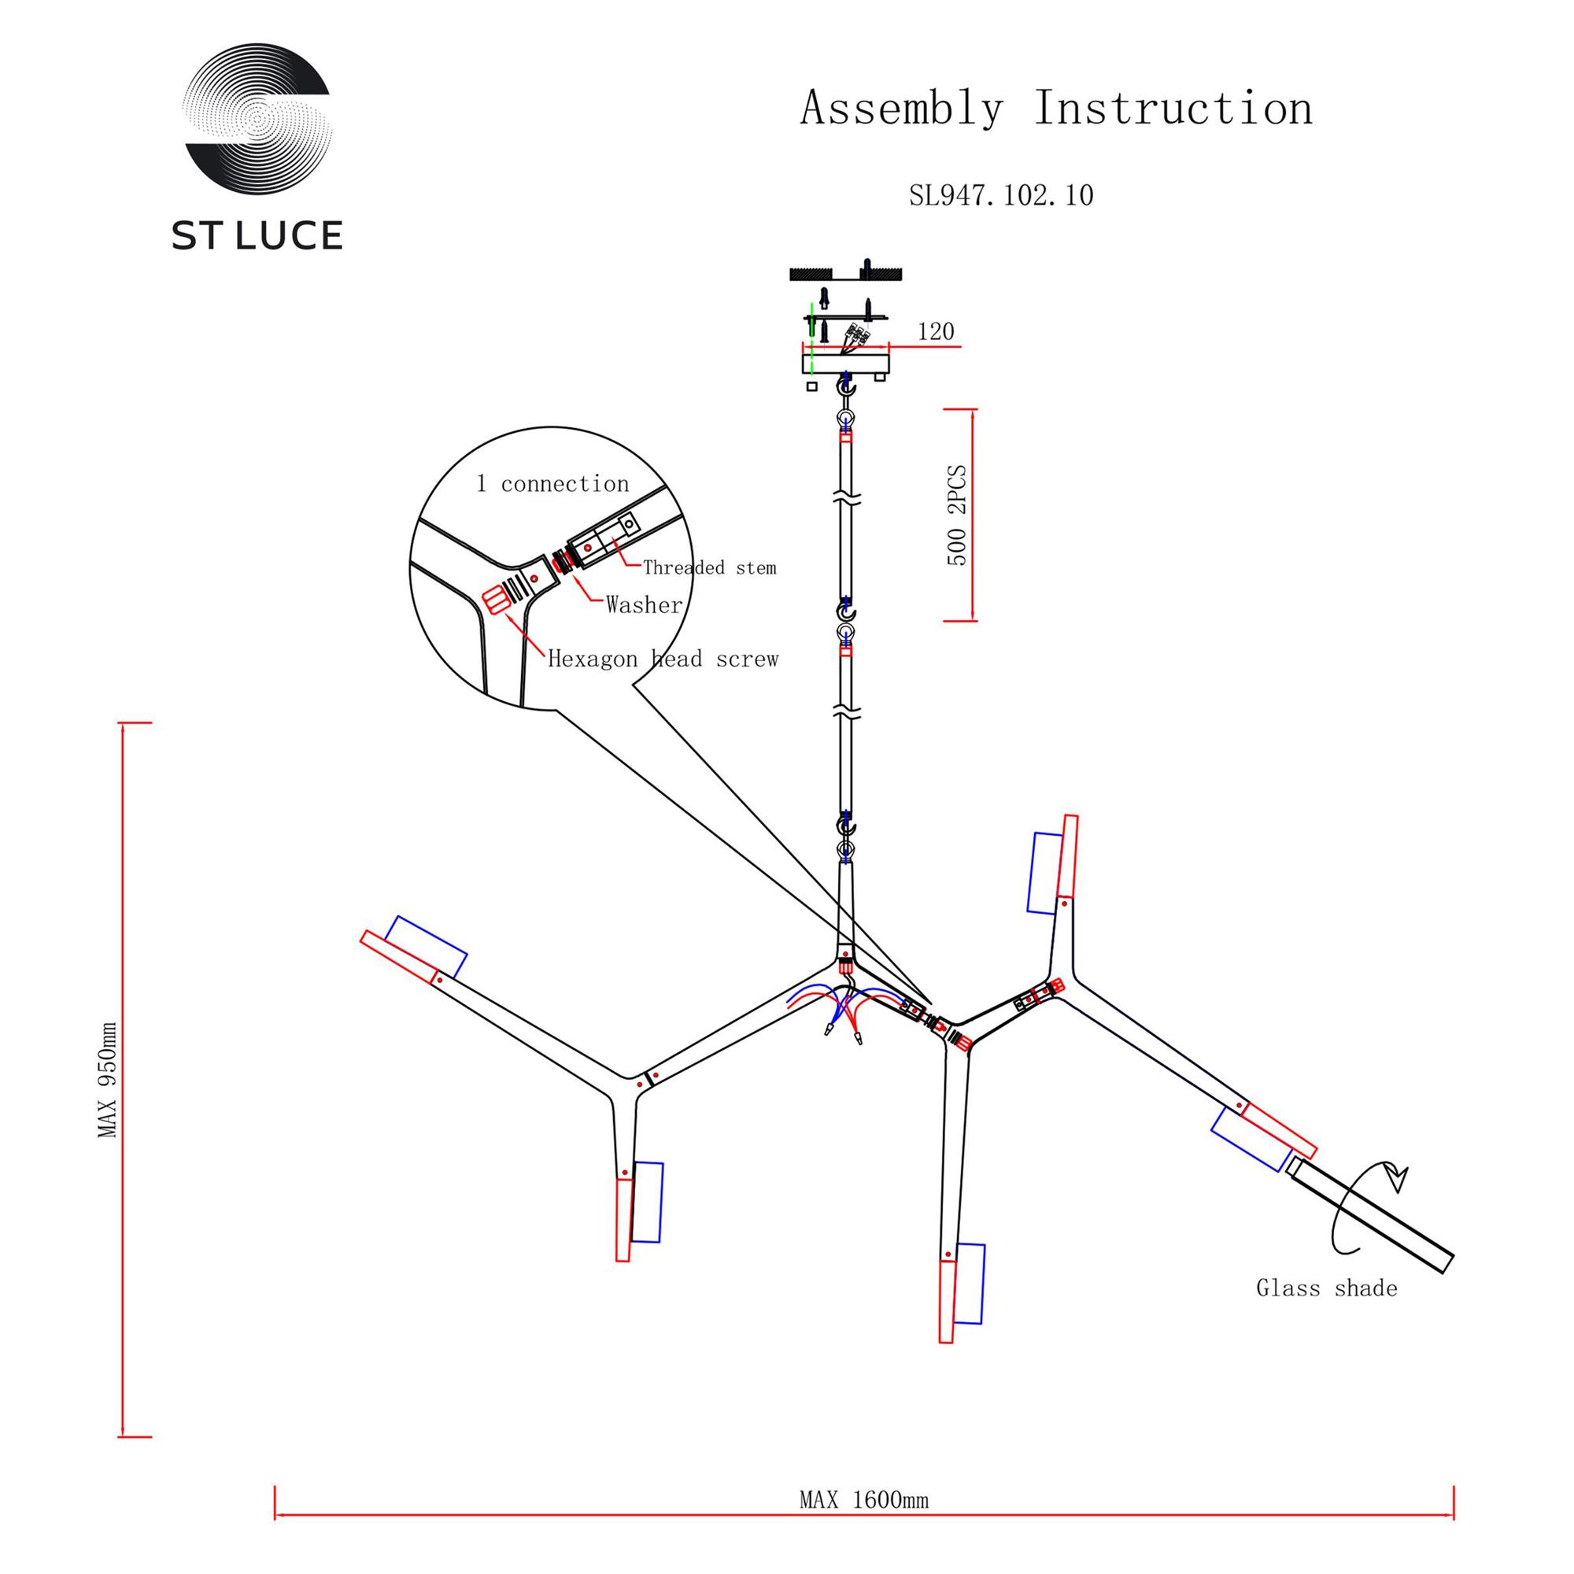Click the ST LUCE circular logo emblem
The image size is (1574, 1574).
(257, 118)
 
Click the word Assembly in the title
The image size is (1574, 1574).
(901, 109)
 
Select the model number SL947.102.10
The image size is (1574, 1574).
(1001, 195)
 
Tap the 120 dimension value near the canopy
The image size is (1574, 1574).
(935, 332)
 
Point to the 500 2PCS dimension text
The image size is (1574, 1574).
(957, 515)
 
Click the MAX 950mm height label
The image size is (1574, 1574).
(108, 1080)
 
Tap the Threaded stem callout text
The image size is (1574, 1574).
(709, 568)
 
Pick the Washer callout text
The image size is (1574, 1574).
(644, 604)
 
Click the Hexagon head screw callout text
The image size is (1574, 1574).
(663, 659)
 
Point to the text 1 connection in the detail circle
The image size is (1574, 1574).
(552, 484)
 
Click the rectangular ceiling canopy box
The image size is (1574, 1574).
(846, 360)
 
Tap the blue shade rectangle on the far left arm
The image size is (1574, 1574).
(426, 947)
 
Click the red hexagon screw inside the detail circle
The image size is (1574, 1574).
(494, 601)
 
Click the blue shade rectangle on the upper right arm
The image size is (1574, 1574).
(1044, 873)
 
